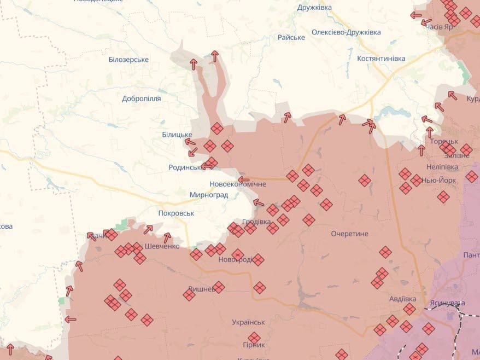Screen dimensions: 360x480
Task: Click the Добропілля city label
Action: point(142,98)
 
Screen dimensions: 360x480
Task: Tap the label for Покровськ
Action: point(176,213)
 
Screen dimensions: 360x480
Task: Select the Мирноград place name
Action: point(208,195)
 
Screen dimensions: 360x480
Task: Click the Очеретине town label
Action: point(349,234)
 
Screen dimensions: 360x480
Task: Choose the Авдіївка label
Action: point(402,299)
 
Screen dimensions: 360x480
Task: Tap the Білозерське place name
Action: point(128,60)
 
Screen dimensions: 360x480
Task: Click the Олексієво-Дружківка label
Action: point(346,32)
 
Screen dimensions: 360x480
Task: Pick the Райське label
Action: point(291,37)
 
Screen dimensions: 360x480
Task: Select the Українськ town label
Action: point(248,322)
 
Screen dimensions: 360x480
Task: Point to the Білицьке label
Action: point(177,135)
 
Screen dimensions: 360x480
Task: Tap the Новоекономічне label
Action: point(238,184)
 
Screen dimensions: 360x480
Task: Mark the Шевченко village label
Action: point(162,246)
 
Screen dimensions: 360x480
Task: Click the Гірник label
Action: point(254,345)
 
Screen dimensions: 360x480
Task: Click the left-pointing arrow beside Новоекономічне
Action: point(244,179)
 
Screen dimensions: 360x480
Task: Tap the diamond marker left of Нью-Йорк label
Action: point(416,181)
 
